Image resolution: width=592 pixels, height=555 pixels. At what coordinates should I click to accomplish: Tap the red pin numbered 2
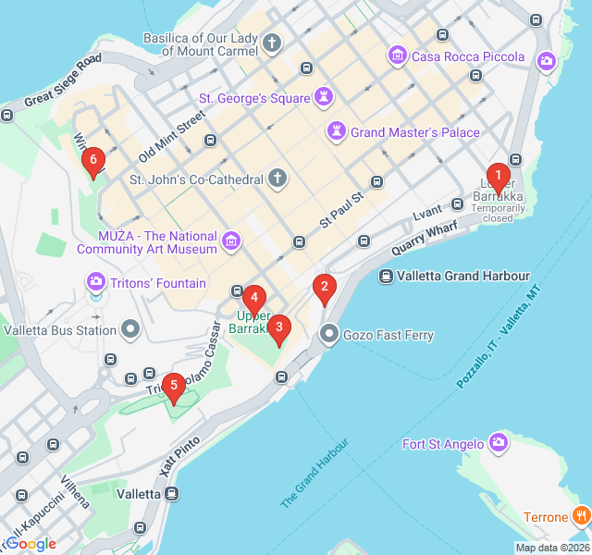coord(324,288)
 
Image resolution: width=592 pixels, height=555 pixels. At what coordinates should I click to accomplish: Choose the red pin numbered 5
coord(172,387)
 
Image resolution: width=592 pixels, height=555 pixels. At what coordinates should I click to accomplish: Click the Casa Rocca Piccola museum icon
coord(398,56)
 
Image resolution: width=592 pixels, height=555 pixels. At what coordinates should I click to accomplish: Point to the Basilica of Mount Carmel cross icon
coord(272,43)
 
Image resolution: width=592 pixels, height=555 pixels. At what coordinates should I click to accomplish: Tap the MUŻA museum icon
coord(230,242)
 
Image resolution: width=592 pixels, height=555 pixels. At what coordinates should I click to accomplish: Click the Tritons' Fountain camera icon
coord(95,281)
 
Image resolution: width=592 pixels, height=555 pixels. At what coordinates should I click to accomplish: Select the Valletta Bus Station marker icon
coord(130,328)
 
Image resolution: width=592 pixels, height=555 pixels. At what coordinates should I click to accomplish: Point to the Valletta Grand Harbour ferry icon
coord(386,276)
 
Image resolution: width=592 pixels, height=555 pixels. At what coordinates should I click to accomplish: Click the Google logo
coord(31,544)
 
